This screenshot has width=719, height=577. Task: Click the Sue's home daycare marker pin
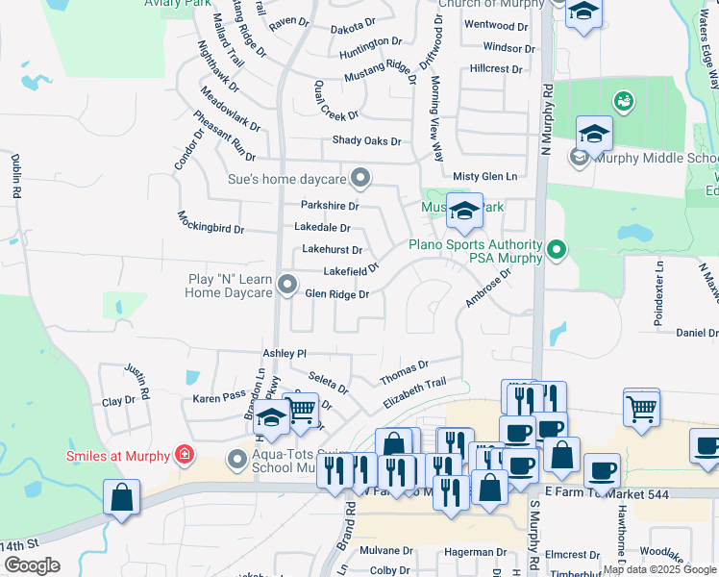pyautogui.click(x=360, y=177)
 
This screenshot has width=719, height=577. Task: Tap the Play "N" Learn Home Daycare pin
pyautogui.click(x=287, y=284)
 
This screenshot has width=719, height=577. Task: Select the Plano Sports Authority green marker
pyautogui.click(x=556, y=251)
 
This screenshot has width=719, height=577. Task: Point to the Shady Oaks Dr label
pyautogui.click(x=366, y=140)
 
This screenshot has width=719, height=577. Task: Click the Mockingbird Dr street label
pyautogui.click(x=211, y=222)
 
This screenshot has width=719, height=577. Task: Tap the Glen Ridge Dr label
pyautogui.click(x=336, y=294)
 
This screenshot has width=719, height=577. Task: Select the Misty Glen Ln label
pyautogui.click(x=484, y=176)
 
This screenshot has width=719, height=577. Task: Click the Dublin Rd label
pyautogui.click(x=16, y=176)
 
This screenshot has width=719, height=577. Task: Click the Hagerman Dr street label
pyautogui.click(x=475, y=552)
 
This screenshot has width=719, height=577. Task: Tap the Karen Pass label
pyautogui.click(x=220, y=396)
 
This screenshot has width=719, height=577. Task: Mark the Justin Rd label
pyautogui.click(x=136, y=381)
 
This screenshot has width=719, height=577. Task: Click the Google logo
pyautogui.click(x=33, y=565)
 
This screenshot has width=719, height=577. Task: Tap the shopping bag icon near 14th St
pyautogui.click(x=122, y=497)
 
